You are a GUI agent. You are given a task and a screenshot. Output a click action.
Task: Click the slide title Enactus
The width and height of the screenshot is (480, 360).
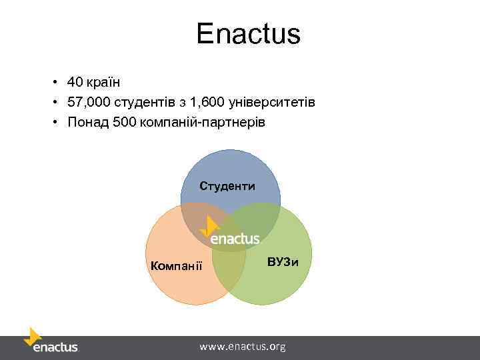pos(248,34)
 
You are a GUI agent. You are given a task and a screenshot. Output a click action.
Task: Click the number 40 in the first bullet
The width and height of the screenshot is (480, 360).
pos(74,83)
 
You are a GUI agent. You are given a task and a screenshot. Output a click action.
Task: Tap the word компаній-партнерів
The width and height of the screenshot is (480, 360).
pos(203,123)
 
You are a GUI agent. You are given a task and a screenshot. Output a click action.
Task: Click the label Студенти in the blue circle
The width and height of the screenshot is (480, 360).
pos(227,186)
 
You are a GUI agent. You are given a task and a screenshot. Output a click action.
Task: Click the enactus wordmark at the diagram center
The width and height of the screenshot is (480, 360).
pos(235,239)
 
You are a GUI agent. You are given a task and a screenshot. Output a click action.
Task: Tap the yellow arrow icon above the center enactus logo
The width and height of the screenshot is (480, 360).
pos(211,225)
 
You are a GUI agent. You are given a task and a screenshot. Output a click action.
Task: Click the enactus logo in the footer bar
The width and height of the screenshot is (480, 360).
pos(55,347)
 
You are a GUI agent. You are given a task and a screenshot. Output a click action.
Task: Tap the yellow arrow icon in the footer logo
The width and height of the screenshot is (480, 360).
pos(32,336)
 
